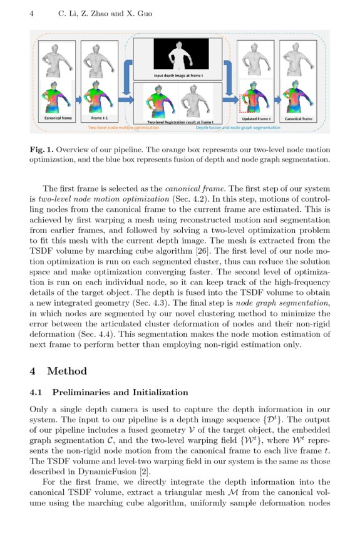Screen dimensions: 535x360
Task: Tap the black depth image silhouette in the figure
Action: [178, 55]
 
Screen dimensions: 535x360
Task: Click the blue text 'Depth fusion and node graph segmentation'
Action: [238, 127]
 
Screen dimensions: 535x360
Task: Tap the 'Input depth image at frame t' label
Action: [178, 75]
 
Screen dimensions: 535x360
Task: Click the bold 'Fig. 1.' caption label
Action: [44, 150]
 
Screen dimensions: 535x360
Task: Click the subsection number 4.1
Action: [37, 393]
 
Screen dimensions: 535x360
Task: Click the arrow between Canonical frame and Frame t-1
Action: [78, 99]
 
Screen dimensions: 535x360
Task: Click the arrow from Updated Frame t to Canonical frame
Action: [275, 99]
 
